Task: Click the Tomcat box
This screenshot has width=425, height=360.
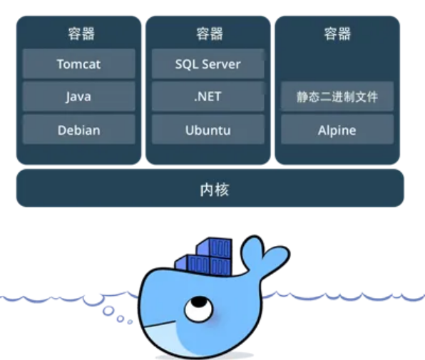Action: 79,64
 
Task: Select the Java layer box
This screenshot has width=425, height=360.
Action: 79,96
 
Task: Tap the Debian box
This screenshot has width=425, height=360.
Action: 79,130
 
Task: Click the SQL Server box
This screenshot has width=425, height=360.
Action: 208,64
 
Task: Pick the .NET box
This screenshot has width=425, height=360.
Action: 208,96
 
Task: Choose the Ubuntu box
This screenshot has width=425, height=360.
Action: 208,130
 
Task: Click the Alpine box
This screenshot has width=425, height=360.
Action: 337,130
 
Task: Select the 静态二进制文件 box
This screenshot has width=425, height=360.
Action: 337,96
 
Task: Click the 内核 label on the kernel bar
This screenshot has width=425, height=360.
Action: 215,190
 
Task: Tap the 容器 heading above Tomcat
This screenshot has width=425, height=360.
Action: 81,34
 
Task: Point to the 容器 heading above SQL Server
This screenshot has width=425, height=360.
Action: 210,34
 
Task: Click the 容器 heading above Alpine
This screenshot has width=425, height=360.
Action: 337,34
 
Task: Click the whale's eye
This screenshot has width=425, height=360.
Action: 199,309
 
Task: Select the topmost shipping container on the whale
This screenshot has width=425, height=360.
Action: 214,247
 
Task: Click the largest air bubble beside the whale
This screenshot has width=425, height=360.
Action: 108,311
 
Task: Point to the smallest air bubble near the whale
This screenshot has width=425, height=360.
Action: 130,322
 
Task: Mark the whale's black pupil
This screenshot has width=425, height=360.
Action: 199,302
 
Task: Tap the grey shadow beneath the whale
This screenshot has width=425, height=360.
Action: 205,356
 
